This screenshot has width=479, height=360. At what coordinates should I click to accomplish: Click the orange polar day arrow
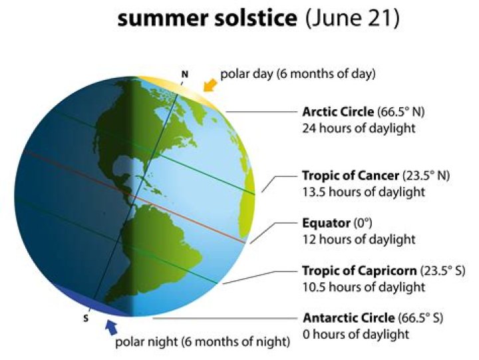pos(210,85)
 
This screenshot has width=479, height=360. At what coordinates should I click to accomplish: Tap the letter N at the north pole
pos(185,74)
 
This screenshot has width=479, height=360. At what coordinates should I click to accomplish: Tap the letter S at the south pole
pos(85,318)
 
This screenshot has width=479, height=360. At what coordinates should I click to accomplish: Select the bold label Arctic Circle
pos(338,112)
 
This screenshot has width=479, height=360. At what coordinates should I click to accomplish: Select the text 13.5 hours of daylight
pos(363,192)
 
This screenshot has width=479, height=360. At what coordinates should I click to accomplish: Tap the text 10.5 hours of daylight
pos(363,287)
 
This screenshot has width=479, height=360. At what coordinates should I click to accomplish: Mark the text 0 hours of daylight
pos(356,334)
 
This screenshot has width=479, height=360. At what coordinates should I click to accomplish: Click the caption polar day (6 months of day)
pos(298,74)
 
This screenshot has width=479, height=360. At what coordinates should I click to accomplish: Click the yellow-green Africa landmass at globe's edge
pos(248,193)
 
